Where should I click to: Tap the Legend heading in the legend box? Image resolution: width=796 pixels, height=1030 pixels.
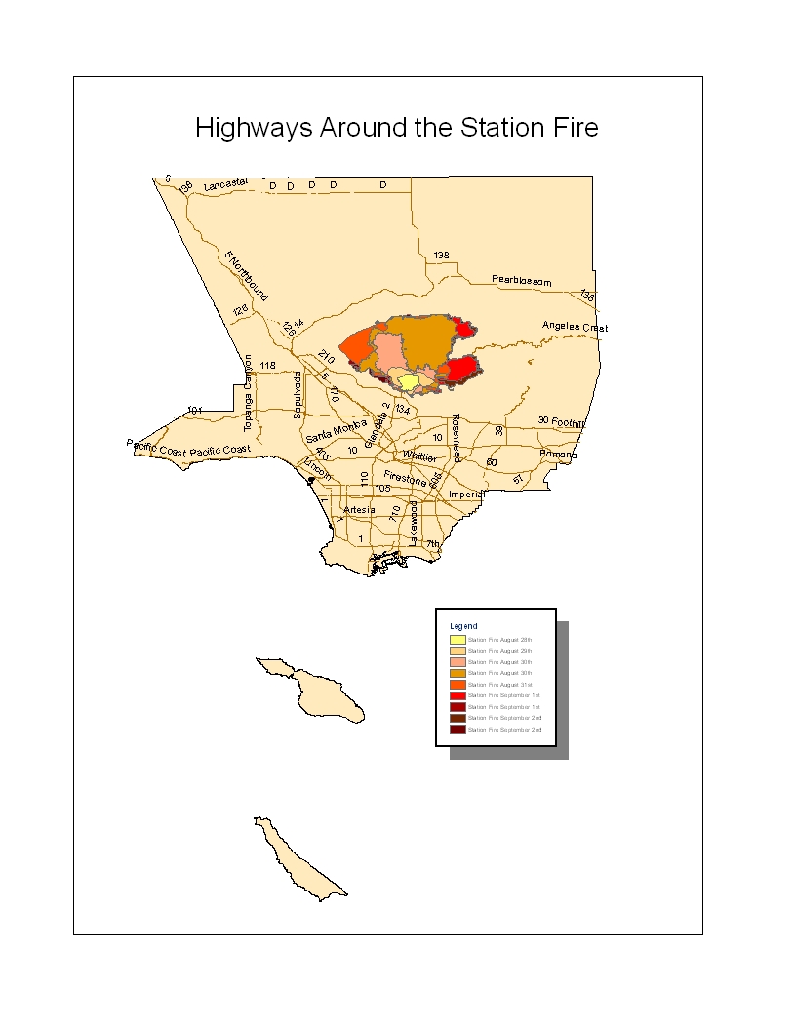pyautogui.click(x=463, y=625)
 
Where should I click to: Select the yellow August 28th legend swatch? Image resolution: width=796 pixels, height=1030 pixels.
pyautogui.click(x=457, y=639)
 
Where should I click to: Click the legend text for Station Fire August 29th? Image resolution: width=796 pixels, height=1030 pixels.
pyautogui.click(x=499, y=651)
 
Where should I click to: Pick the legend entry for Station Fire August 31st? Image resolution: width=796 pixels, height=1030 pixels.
pyautogui.click(x=499, y=685)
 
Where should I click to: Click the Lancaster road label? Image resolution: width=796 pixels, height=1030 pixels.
pyautogui.click(x=226, y=183)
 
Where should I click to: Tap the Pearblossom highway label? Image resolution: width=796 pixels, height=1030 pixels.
pyautogui.click(x=521, y=281)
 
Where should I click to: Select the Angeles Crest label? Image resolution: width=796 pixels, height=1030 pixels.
pyautogui.click(x=575, y=327)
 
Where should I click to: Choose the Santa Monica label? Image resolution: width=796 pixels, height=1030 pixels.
pyautogui.click(x=337, y=429)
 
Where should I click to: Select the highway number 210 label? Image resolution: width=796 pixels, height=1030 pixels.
pyautogui.click(x=326, y=358)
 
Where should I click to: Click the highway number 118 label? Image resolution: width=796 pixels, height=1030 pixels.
pyautogui.click(x=268, y=366)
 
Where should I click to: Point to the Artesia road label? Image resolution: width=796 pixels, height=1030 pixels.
pyautogui.click(x=358, y=510)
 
